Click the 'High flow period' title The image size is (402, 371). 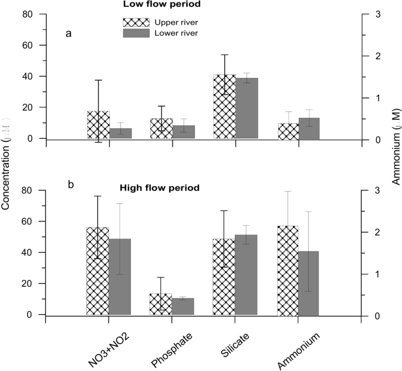point(160,188)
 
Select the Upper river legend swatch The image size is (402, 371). point(133,22)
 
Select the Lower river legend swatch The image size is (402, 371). point(133,33)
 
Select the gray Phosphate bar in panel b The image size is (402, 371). point(183,307)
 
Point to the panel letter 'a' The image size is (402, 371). point(69,33)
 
